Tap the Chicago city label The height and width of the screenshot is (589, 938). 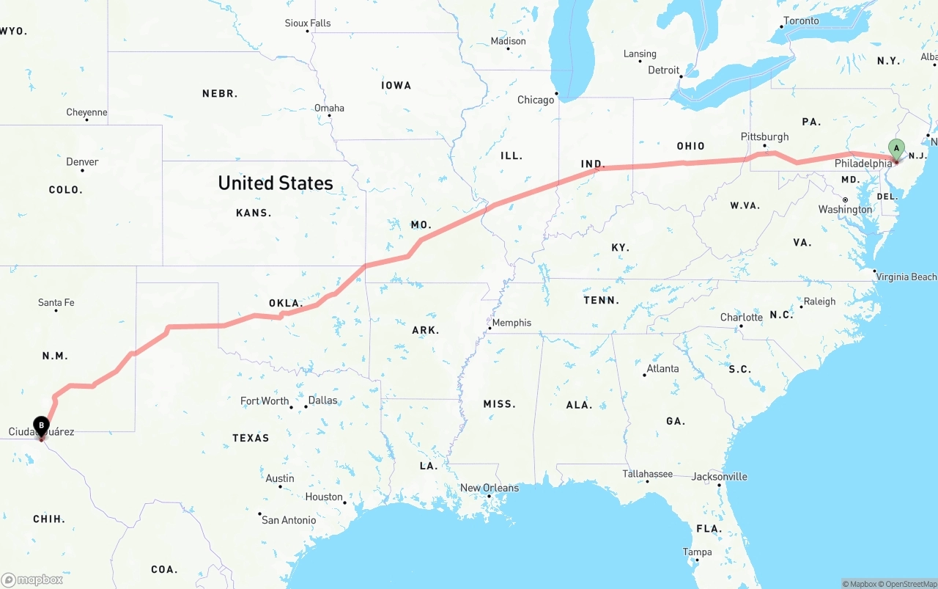coord(536,100)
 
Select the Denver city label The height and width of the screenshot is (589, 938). coord(82,161)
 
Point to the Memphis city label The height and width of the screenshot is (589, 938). coord(512,323)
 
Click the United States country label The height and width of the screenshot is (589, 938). coord(276,183)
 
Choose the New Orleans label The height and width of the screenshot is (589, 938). coord(490,488)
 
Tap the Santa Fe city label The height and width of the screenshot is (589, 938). coord(56,302)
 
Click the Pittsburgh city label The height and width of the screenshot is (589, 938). coord(764,136)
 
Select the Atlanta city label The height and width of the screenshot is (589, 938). coord(662,368)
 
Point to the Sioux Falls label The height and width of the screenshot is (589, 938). coord(308,23)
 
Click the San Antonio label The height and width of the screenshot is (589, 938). coord(289,520)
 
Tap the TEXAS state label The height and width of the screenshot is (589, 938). coord(251,438)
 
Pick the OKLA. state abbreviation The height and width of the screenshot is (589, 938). coord(286,303)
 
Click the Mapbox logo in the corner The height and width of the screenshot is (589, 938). coord(32,579)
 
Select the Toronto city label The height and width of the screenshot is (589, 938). coord(801,21)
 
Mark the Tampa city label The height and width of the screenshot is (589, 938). coord(697,552)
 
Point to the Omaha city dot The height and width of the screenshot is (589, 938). coord(330,117)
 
